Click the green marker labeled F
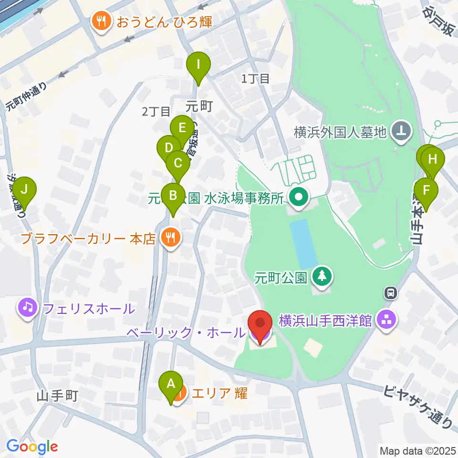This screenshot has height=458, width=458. [x=427, y=190]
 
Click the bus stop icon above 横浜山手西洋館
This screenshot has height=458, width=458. [x=390, y=293]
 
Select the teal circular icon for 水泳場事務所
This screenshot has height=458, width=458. [x=299, y=197]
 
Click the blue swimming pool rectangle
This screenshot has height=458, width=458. [x=303, y=243]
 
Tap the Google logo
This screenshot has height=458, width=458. [x=32, y=446]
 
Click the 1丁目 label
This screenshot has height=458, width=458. [x=256, y=79]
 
